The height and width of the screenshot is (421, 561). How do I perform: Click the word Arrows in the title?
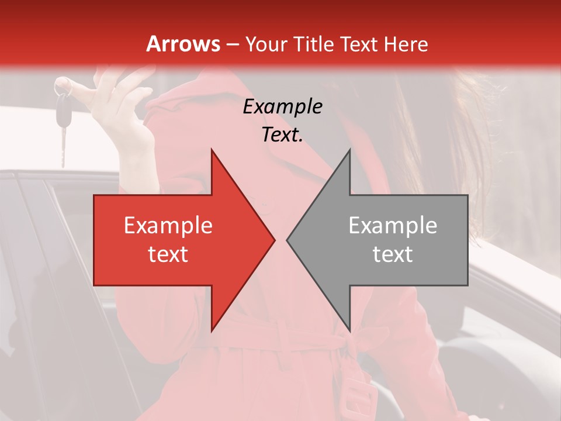coord(183,44)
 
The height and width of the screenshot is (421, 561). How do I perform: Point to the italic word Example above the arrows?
coord(283,107)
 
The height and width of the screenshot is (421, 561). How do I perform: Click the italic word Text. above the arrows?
coord(282,134)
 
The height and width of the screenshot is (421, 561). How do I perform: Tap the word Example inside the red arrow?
coord(168,226)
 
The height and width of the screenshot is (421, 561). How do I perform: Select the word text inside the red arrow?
coord(168,254)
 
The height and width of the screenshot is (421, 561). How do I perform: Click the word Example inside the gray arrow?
coord(393,226)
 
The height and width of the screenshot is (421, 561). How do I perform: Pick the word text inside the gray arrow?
coord(393,254)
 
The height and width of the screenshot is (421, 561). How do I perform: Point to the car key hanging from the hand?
coord(62,117)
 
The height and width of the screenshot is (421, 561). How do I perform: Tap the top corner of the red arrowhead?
coord(212,151)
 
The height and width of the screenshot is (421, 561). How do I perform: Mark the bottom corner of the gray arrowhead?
coord(349,330)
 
